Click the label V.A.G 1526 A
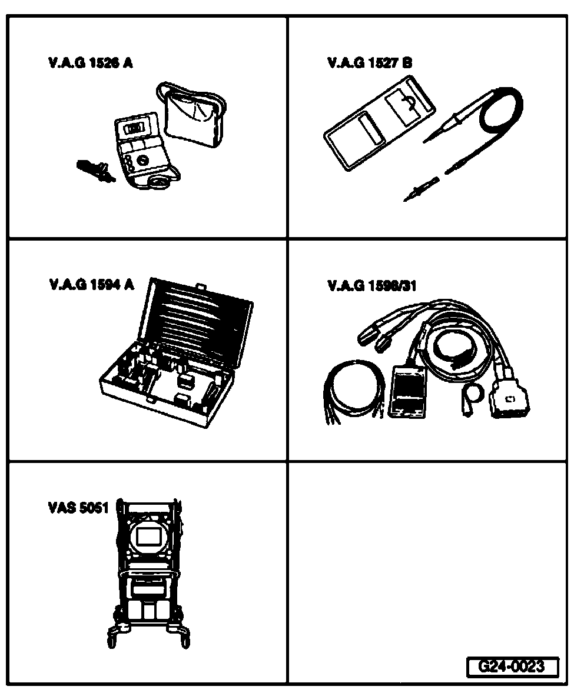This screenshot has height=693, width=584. pyautogui.click(x=91, y=63)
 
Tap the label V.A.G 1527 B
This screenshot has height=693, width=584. pyautogui.click(x=370, y=63)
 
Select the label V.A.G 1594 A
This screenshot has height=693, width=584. pyautogui.click(x=92, y=285)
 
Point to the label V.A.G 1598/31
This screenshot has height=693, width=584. pyautogui.click(x=371, y=286)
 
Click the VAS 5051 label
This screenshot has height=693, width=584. pyautogui.click(x=78, y=508)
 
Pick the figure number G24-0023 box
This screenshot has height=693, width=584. pyautogui.click(x=510, y=667)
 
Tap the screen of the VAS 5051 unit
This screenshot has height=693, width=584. pyautogui.click(x=147, y=536)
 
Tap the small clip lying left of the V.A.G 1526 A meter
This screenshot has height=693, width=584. pyautogui.click(x=94, y=171)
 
